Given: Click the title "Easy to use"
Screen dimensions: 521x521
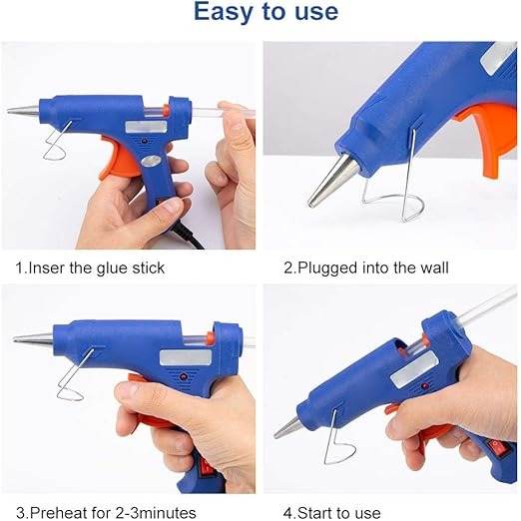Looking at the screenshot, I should coord(264,13).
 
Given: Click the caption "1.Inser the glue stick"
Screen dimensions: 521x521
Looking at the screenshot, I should coord(90,267).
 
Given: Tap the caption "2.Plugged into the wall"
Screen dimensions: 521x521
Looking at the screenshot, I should coord(365,267).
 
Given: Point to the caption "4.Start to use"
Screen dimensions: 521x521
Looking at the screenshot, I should coord(331,512).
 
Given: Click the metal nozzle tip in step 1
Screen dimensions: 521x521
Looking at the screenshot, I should coord(22,111).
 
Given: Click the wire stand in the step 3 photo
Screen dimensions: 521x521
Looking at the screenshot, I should coord(75,379).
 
